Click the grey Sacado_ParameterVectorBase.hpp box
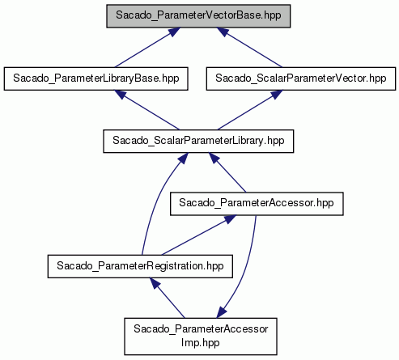coord(198,16)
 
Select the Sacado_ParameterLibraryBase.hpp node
coord(96,78)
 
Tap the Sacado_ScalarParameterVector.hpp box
coord(301,78)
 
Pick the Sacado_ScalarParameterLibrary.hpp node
coord(198,141)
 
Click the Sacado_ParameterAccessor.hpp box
coord(257,204)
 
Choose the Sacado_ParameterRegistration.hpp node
coord(140,266)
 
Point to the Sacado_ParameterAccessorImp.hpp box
coord(201,337)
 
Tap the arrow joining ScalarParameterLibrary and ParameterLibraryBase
coord(146,110)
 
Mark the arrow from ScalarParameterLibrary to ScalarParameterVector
coord(250,110)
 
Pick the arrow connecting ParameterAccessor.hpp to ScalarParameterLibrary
coord(227,172)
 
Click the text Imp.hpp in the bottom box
coord(201,343)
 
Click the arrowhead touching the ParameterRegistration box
coord(155,283)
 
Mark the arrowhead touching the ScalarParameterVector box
coord(276,95)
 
